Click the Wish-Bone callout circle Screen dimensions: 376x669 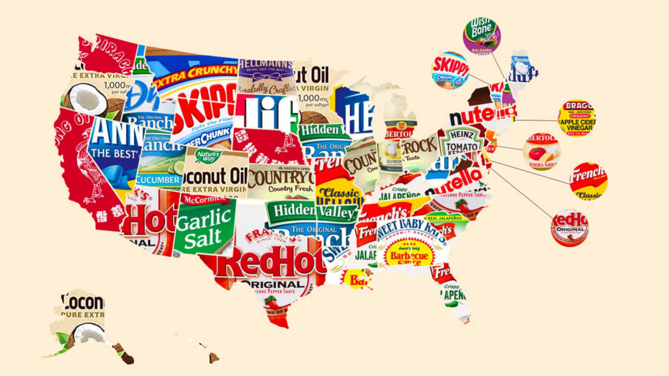[x=481, y=36]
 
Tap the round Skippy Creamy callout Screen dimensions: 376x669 [x=450, y=70]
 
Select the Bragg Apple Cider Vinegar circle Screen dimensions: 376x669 [x=576, y=118]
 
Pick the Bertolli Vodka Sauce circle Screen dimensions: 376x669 [x=541, y=151]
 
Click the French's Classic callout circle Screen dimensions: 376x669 [x=589, y=181]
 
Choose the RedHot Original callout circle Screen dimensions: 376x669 [x=570, y=227]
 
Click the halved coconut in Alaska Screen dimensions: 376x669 [x=88, y=332]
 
